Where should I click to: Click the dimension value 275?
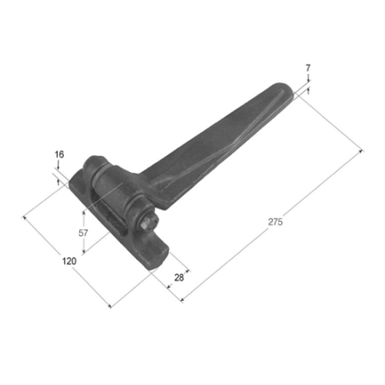tap(275, 221)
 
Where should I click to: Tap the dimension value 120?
tap(69, 261)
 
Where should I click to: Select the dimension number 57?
tap(83, 233)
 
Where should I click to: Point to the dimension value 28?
tap(179, 278)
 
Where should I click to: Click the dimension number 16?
tap(60, 154)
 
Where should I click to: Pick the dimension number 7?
tap(308, 68)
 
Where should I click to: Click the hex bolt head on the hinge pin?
tap(147, 224)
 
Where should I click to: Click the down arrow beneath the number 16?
tap(58, 164)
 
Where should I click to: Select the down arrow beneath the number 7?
tap(308, 78)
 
